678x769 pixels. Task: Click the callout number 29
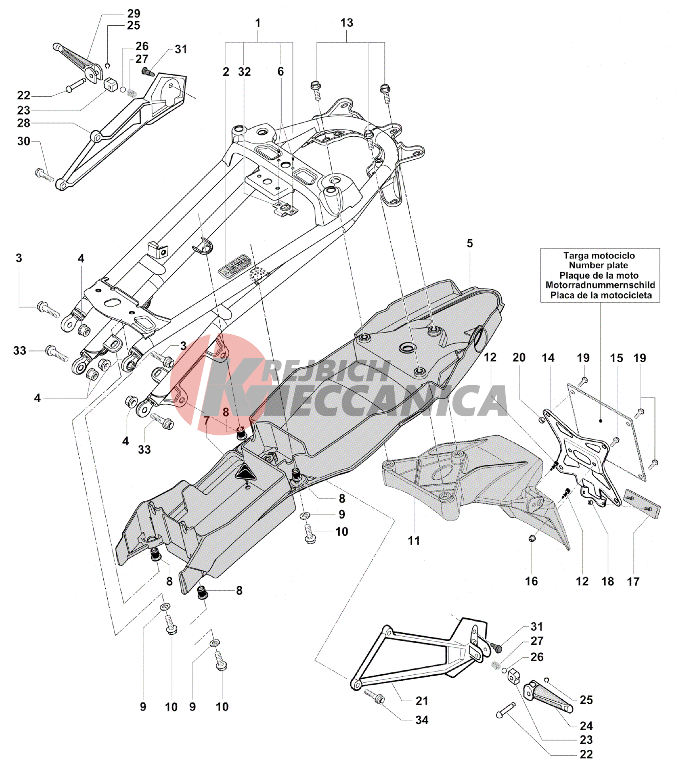click(133, 13)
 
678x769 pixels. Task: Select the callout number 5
click(469, 243)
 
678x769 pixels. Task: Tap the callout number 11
click(414, 541)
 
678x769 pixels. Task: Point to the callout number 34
click(422, 720)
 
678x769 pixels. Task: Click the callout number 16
click(532, 581)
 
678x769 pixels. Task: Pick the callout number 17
click(633, 581)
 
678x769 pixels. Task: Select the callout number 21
click(422, 701)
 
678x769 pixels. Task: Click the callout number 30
click(24, 141)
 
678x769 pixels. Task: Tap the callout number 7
click(207, 421)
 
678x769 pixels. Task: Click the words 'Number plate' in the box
click(599, 265)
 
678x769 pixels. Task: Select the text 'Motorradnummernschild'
click(600, 285)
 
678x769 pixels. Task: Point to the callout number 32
click(244, 72)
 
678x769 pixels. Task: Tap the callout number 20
click(519, 357)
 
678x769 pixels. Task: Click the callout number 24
click(586, 726)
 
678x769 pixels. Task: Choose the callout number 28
click(24, 123)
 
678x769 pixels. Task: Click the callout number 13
click(347, 23)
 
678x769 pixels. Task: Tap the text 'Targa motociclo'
click(599, 255)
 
